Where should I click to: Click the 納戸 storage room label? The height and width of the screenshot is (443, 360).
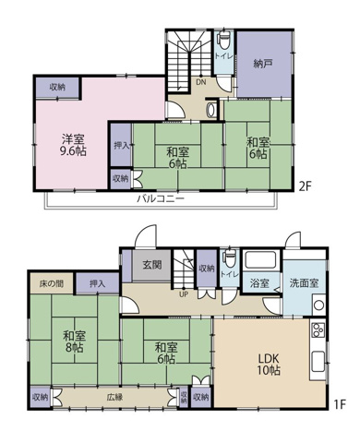263,64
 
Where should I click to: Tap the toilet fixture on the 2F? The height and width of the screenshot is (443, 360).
223,40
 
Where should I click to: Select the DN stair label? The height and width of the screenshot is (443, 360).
201,82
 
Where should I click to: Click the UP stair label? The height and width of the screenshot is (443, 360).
184,294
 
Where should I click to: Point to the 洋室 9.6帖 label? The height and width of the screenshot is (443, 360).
73,145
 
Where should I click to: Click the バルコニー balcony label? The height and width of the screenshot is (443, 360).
161,198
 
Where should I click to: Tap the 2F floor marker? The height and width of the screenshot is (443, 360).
306,186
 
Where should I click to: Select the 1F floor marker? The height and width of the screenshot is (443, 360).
340,404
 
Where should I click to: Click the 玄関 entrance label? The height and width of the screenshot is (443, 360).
152,264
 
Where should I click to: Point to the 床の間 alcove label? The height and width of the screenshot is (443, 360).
52,283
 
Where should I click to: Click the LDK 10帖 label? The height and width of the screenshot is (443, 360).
269,365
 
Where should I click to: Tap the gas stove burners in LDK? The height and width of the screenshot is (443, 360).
318,330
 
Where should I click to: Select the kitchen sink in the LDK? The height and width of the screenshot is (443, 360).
318,362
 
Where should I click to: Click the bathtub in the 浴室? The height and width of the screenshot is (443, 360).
259,260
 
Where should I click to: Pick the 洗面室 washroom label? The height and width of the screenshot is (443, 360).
304,282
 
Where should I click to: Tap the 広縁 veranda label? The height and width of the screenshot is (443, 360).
114,397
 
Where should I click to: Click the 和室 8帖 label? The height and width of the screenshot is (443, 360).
75,341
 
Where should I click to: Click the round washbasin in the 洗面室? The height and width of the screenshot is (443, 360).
318,305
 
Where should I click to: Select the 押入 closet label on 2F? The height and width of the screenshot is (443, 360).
121,145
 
